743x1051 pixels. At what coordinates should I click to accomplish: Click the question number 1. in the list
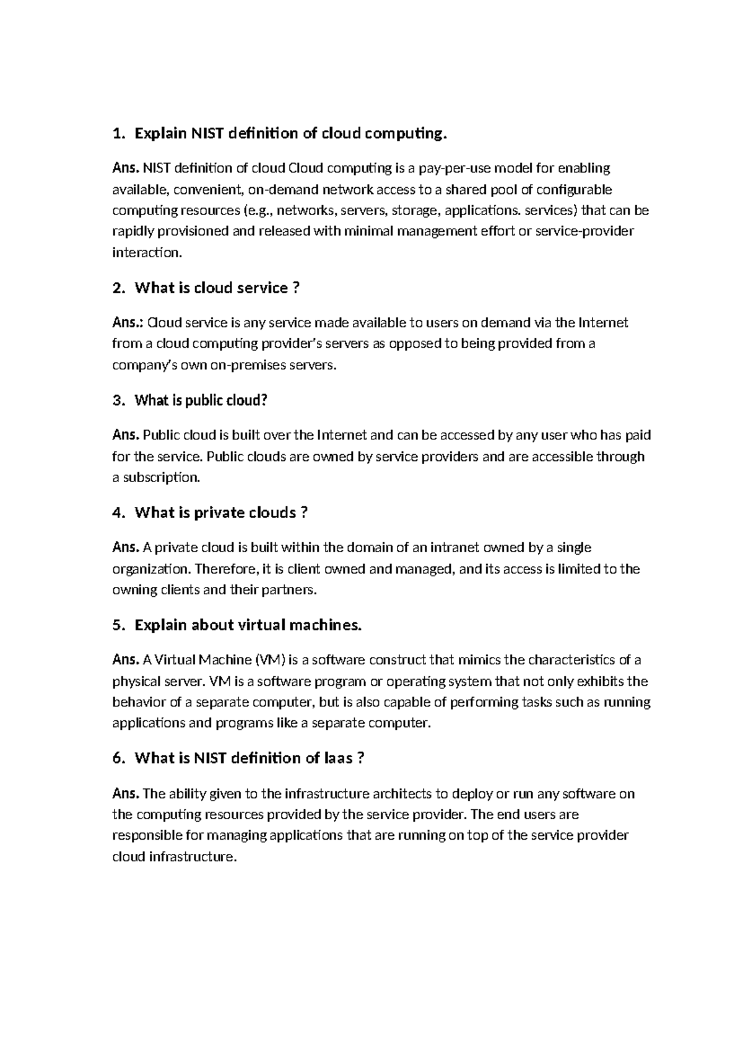click(118, 133)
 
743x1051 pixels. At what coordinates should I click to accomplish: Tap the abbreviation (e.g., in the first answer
click(256, 211)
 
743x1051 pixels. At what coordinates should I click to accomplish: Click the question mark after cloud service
click(295, 288)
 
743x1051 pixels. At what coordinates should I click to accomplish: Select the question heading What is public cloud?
click(201, 400)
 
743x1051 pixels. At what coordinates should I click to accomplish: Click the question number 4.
click(118, 513)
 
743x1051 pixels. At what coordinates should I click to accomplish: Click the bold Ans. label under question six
click(126, 794)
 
